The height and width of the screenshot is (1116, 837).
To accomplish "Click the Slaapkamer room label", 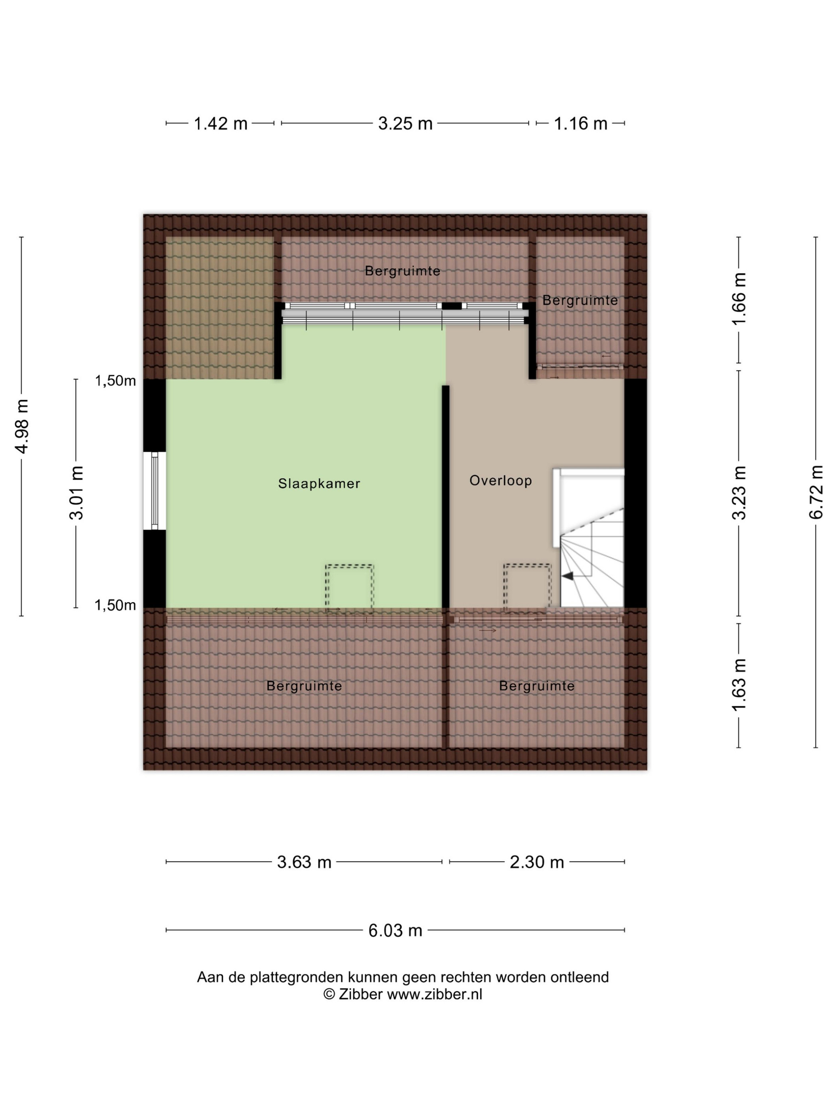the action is tap(319, 483).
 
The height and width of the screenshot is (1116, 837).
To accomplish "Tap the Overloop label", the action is tap(501, 480).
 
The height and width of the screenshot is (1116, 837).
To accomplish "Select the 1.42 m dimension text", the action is tap(220, 124).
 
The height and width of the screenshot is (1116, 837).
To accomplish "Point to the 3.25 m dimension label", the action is tap(405, 124).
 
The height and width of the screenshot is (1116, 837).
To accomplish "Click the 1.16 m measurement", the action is tap(580, 124).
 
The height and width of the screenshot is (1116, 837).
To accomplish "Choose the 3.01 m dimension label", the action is tap(76, 493).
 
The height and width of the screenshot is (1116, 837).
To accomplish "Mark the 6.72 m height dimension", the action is tap(815, 492).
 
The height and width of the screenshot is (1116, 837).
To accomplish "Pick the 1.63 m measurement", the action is tap(739, 685).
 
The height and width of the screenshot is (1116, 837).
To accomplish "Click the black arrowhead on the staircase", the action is tap(568, 576).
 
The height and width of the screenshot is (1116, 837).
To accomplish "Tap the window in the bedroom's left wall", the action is tap(154, 490).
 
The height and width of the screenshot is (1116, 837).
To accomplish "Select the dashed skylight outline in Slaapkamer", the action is tap(349, 587).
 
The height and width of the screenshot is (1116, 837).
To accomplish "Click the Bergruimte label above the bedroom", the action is tap(403, 271).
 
